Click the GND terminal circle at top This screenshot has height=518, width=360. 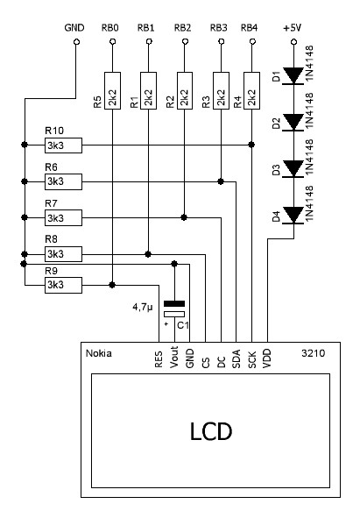76,41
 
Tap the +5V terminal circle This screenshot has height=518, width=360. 293,41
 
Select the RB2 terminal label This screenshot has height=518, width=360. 183,28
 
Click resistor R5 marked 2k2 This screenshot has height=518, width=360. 112,90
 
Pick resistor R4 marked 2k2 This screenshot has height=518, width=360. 251,90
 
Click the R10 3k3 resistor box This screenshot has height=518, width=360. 63,145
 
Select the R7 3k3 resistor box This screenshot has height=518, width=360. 63,218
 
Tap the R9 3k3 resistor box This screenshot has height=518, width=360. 63,285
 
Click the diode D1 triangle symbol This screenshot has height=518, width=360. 293,76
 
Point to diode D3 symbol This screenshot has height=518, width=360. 293,169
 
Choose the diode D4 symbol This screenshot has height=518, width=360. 293,216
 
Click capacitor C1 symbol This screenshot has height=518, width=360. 174,309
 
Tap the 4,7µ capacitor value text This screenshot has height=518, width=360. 143,308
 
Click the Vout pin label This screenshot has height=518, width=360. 174,357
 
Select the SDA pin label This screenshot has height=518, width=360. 236,358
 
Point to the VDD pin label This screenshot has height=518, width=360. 267,358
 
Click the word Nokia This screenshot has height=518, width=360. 99,353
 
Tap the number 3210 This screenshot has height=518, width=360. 313,353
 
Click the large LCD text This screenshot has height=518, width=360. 211,431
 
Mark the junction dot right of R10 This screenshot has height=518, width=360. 251,145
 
